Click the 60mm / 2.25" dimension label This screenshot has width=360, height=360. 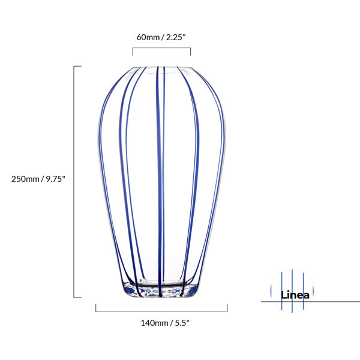click(161, 37)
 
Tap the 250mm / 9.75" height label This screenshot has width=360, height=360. click(38, 179)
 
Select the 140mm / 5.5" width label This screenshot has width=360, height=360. click(165, 323)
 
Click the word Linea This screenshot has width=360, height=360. click(295, 295)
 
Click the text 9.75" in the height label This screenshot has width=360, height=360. click(56, 179)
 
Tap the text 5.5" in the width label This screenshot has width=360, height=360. click(182, 323)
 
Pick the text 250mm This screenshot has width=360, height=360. click(25, 179)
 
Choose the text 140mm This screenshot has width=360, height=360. click(154, 323)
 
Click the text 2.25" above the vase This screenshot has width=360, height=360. click(176, 37)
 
